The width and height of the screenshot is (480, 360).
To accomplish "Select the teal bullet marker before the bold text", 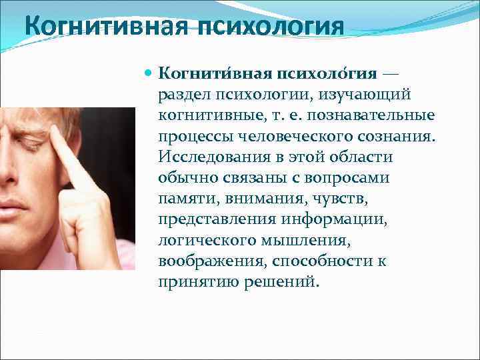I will tap(148, 72).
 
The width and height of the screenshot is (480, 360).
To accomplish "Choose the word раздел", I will tap(181, 95).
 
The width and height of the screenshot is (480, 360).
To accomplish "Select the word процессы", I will tap(190, 137).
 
